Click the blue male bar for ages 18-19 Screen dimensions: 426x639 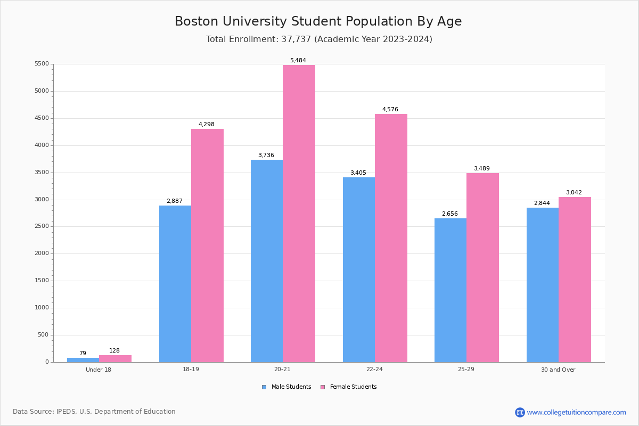(175, 284)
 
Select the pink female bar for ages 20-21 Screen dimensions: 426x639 (299, 214)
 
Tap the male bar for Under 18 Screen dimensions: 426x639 (83, 360)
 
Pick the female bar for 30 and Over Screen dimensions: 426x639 (575, 280)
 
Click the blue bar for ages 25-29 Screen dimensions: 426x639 (450, 290)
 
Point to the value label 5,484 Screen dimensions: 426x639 (298, 61)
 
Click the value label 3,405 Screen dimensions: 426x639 (358, 173)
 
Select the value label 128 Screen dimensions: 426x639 (114, 351)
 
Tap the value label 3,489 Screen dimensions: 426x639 (482, 169)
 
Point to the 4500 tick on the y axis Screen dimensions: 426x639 (42, 118)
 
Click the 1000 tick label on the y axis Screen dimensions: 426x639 (42, 308)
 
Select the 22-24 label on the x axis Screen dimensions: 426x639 (374, 370)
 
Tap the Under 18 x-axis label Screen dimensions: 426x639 (99, 370)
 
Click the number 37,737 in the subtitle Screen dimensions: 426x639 (298, 39)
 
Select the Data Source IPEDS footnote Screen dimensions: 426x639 (94, 412)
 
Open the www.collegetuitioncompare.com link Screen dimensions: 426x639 (576, 412)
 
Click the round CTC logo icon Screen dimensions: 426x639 (520, 412)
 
